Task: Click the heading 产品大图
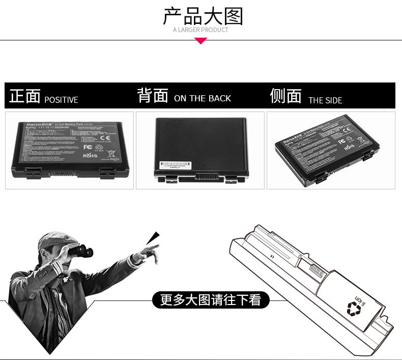[x=203, y=16]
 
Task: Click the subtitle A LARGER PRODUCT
[x=200, y=30]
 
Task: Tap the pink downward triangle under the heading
[x=201, y=41]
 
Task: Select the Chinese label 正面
[x=24, y=96]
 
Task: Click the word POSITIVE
[x=61, y=100]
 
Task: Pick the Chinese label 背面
[x=152, y=96]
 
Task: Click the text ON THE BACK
[x=203, y=99]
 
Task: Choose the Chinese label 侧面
[x=285, y=96]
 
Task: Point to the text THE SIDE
[x=325, y=100]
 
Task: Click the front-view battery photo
[x=69, y=150]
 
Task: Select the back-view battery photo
[x=200, y=150]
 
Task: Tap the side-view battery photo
[x=331, y=150]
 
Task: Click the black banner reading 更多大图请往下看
[x=210, y=300]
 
